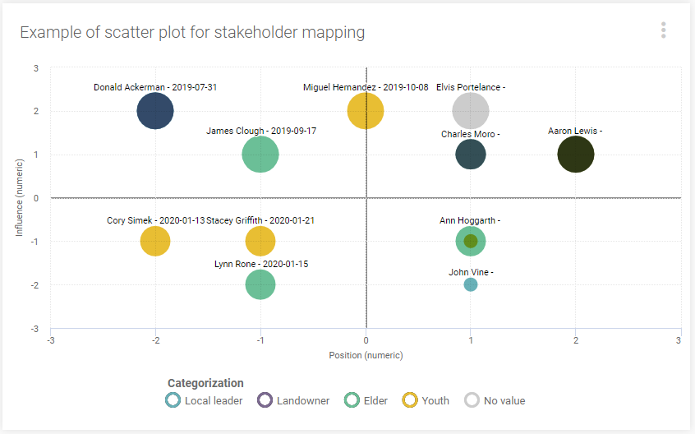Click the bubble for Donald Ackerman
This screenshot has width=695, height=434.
155,111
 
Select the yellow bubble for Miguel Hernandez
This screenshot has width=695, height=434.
366,111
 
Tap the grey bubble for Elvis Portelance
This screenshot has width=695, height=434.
471,111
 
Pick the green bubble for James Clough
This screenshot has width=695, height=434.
260,155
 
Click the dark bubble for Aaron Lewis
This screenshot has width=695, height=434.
575,155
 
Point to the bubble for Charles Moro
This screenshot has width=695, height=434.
471,155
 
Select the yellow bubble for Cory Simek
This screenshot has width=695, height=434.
155,242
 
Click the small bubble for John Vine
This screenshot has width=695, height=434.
471,284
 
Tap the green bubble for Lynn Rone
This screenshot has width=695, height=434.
260,284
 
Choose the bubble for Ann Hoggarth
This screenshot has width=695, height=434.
471,241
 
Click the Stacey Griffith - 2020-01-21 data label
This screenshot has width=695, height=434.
260,220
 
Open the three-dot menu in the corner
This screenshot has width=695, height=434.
663,30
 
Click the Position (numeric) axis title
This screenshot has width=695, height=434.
366,356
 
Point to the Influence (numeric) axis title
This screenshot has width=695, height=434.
20,197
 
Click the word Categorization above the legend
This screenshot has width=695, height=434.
205,383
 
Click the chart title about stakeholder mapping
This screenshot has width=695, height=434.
192,32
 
